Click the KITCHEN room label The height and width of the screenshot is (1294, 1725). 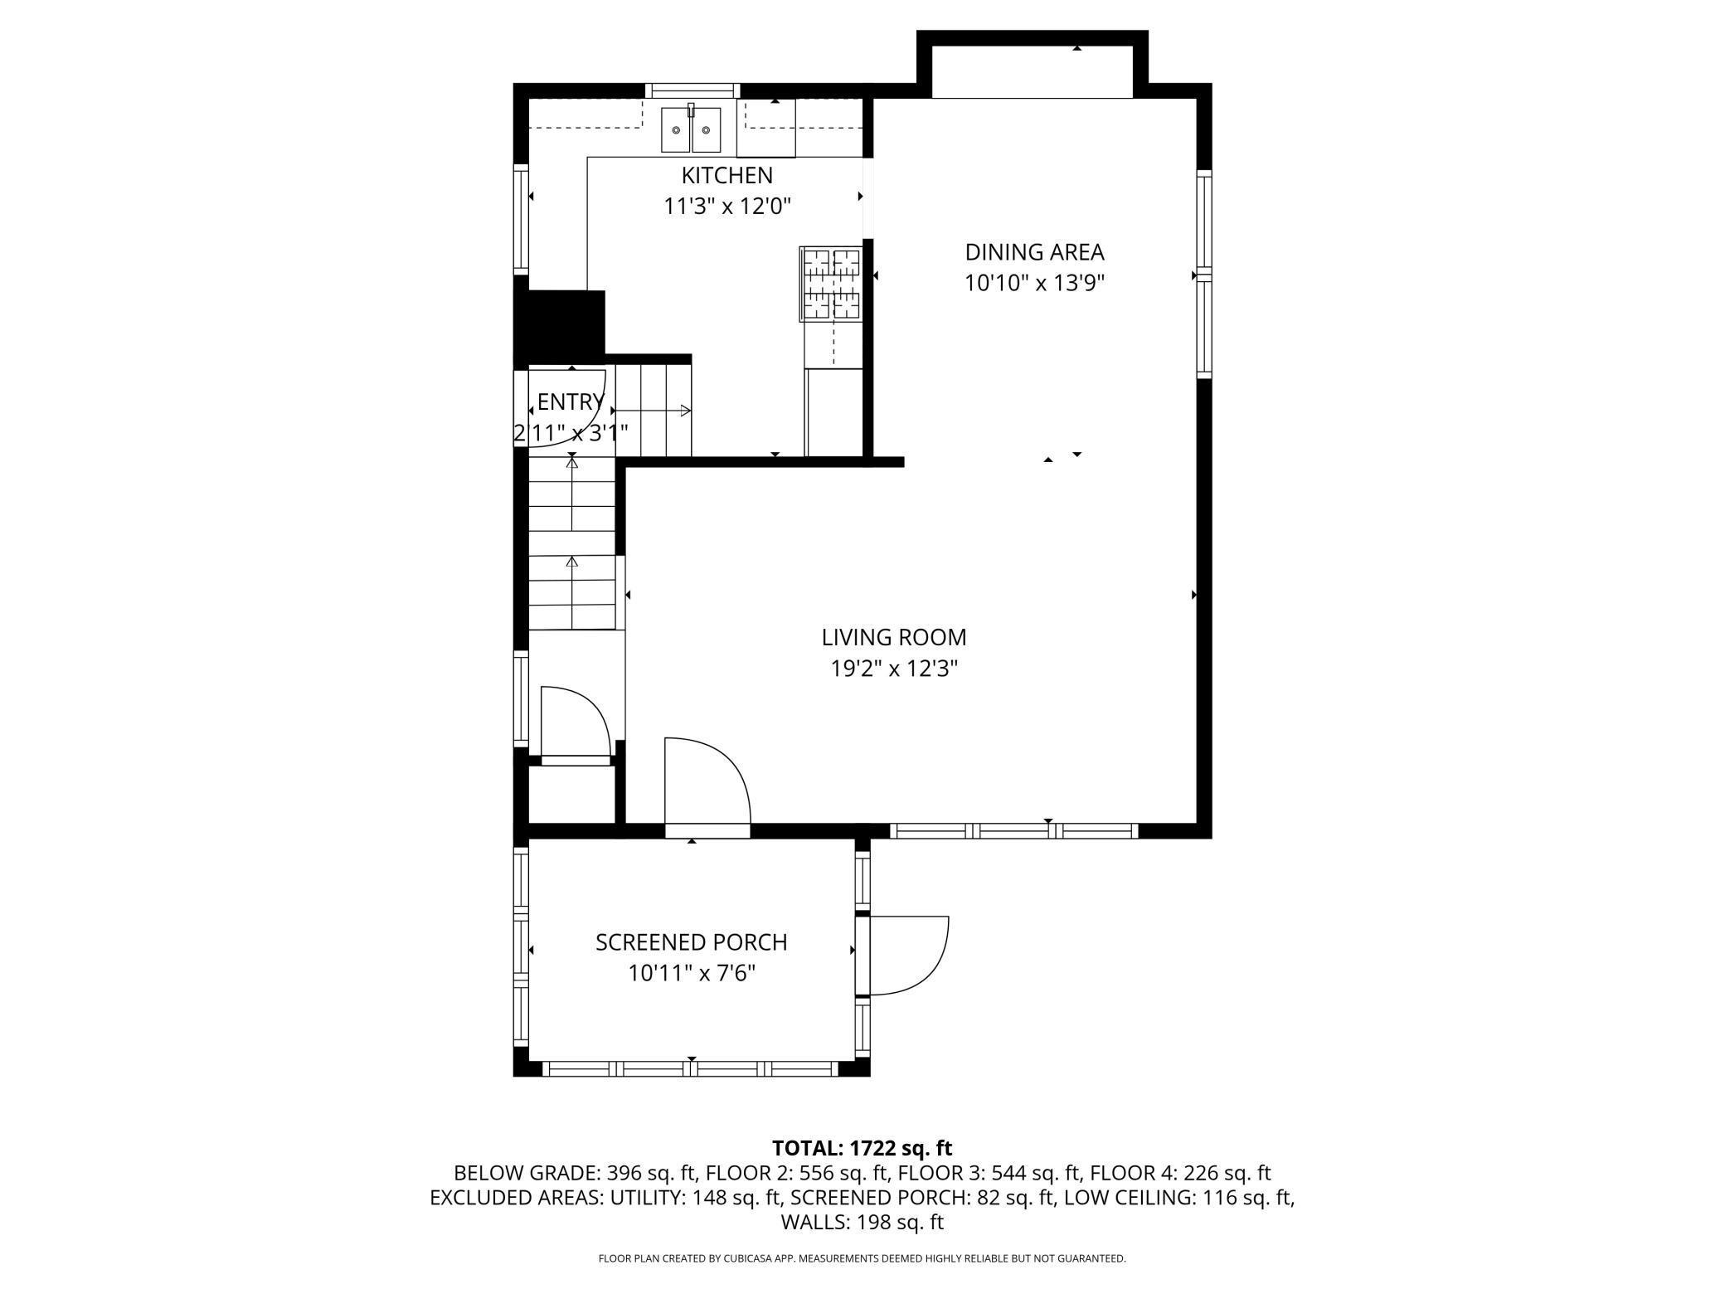pos(726,176)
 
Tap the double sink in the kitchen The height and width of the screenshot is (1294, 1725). pos(691,129)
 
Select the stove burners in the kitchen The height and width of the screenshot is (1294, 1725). pos(830,283)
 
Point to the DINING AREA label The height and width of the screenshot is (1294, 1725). pos(1034,252)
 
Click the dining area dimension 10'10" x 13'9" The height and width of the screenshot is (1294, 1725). pos(1034,284)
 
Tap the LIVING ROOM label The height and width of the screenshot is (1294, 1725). pos(894,638)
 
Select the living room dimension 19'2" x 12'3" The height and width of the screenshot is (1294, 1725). pos(894,669)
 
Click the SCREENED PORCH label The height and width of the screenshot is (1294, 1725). pos(691,942)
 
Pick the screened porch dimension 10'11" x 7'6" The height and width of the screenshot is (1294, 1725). pos(691,973)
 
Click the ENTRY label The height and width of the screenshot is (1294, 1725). pos(570,402)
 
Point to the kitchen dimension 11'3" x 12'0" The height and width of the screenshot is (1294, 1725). pos(726,207)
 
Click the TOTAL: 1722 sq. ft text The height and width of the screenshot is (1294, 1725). pos(862,1148)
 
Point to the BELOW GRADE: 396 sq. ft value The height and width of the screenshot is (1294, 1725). pos(577,1173)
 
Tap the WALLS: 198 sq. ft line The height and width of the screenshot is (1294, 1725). pos(862,1222)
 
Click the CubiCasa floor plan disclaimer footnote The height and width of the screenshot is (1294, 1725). pos(862,1258)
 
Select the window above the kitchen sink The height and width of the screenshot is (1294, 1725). pos(692,90)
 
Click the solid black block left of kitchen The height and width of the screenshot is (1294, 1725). pos(560,323)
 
